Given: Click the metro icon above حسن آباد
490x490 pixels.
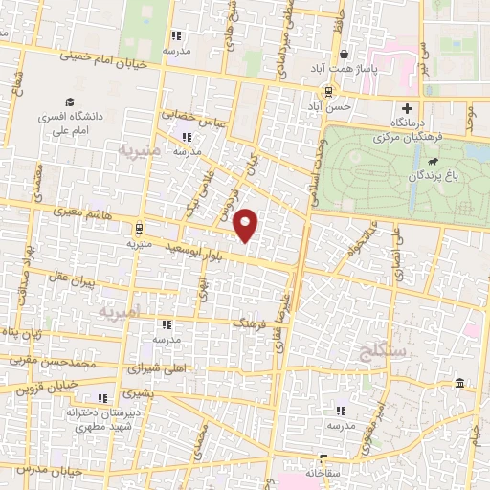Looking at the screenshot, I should [328, 92].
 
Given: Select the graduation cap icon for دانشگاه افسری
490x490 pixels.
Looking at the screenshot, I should [70, 101].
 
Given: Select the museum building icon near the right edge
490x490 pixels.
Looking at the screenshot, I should [460, 385].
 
